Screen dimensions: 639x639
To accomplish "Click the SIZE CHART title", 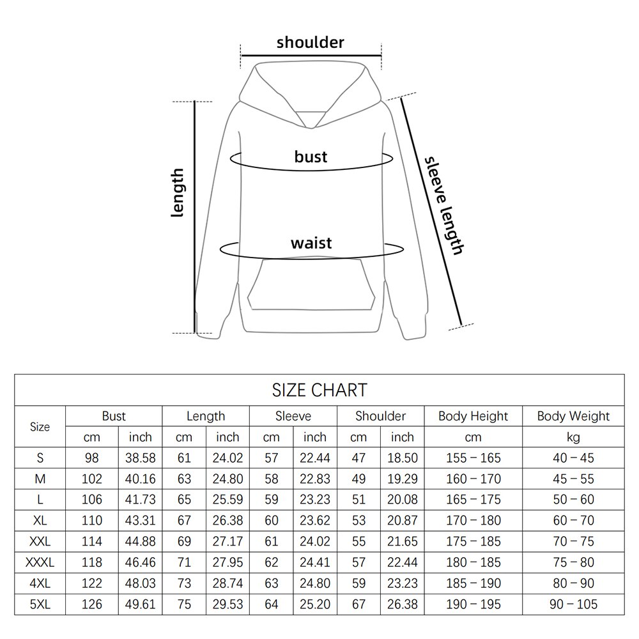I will (319, 389).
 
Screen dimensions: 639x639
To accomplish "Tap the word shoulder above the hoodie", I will (310, 43).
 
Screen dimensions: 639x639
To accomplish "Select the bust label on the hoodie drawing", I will (311, 156).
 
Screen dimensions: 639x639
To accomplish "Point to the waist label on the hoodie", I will (311, 243).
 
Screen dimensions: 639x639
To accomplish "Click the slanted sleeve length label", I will (443, 206).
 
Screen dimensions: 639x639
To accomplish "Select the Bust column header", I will (114, 416).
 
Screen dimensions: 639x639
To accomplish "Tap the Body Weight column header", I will (573, 416).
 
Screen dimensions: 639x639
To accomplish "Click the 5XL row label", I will (40, 604).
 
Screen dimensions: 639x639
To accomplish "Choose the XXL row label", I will (40, 542).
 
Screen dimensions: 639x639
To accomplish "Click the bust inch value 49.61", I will (141, 604).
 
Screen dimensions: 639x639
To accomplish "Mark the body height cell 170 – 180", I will (473, 521).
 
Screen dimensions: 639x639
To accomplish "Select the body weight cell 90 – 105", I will (573, 604).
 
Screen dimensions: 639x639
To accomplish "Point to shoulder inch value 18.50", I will (402, 458).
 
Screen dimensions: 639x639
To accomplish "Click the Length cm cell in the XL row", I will (184, 521).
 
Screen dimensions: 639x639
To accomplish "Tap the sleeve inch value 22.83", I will (314, 479).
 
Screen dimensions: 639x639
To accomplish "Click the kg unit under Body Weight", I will (573, 437).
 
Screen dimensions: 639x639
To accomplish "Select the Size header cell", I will (40, 427).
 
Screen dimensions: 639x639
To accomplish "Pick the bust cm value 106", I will (92, 500).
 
